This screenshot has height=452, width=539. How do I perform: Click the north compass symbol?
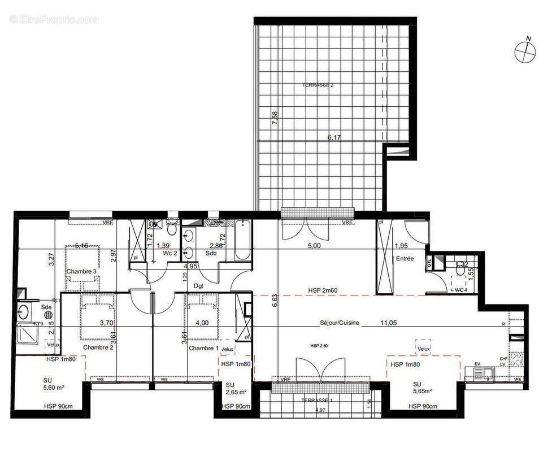[x=525, y=51]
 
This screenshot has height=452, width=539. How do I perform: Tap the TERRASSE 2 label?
[x=318, y=85]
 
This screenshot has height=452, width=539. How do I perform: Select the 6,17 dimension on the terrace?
[x=336, y=137]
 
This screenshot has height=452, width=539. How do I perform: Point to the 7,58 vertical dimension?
[x=275, y=120]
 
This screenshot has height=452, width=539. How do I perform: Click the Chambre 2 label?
[x=98, y=347]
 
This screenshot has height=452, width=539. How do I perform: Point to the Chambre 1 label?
[x=204, y=347]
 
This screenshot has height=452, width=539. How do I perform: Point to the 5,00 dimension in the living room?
[x=314, y=246]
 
